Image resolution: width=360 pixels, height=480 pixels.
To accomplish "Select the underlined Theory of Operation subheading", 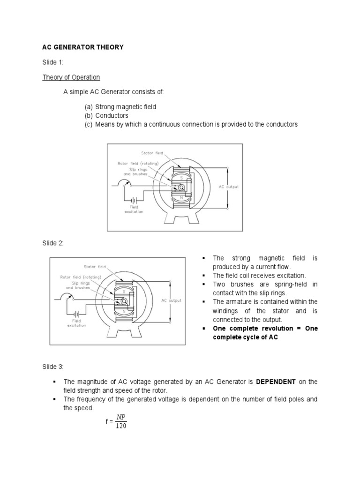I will pyautogui.click(x=71, y=77).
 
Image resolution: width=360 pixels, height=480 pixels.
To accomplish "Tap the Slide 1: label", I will pyautogui.click(x=53, y=62).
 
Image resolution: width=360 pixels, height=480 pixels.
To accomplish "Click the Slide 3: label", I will pyautogui.click(x=53, y=366).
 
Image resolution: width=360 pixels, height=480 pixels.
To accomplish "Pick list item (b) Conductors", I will pyautogui.click(x=106, y=115).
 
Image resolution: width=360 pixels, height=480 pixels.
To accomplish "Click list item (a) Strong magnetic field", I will pyautogui.click(x=120, y=107).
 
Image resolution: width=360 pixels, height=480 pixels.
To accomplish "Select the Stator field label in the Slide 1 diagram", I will pyautogui.click(x=151, y=153).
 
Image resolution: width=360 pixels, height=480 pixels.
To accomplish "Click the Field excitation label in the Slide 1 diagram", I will pyautogui.click(x=134, y=209).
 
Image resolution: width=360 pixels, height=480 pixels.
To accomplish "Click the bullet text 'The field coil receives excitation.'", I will pyautogui.click(x=259, y=275).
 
